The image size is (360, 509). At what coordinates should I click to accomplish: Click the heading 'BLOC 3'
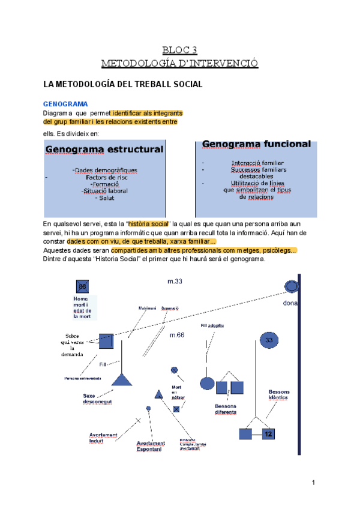(180, 49)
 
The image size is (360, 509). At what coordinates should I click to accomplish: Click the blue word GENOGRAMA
(65, 104)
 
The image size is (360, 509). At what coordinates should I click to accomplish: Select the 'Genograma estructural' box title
(104, 149)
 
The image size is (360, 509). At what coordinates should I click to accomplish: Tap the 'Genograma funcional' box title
(256, 144)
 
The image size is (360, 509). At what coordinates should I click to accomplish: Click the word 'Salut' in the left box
(106, 198)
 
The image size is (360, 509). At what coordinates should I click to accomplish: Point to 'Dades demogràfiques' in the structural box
(106, 170)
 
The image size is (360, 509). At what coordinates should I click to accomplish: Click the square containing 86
(83, 286)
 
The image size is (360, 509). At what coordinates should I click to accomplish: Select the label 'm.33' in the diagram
(175, 281)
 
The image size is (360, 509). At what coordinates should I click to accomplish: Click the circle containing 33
(268, 340)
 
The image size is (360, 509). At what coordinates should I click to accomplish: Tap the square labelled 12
(268, 433)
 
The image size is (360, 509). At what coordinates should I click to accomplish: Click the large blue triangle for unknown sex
(122, 379)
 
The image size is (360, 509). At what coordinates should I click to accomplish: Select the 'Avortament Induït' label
(103, 438)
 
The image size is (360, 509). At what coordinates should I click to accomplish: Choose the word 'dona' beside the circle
(290, 303)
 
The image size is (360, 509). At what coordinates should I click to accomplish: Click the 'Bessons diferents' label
(225, 409)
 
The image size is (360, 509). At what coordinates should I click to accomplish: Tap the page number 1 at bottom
(313, 483)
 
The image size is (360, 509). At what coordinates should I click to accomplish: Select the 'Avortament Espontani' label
(150, 447)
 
